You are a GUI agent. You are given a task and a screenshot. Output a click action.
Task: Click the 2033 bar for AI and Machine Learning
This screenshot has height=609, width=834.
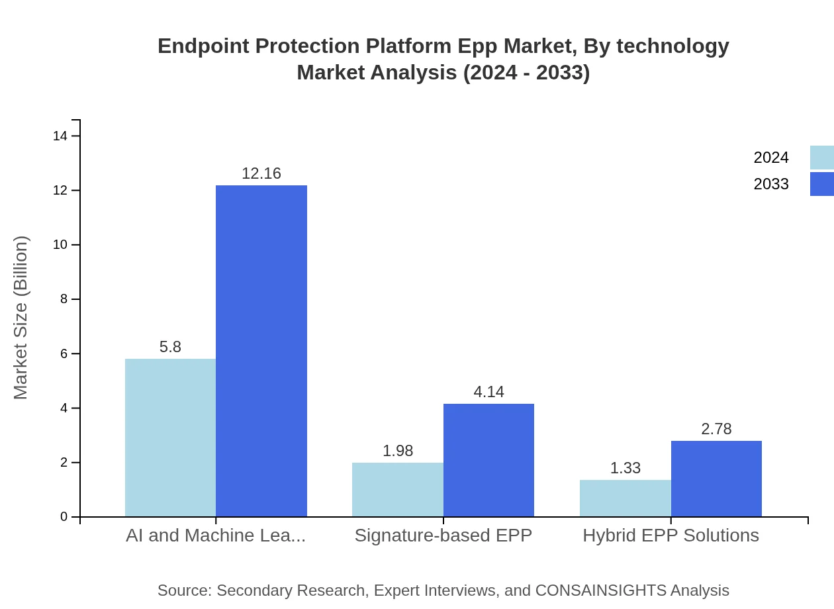coord(261,351)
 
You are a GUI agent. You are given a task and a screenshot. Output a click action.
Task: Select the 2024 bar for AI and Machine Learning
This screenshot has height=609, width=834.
coord(170,438)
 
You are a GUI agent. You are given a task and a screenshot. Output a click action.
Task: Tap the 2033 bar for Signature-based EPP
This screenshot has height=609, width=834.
coord(488,460)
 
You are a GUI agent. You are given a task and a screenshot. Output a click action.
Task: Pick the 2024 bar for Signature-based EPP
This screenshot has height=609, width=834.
coord(397,490)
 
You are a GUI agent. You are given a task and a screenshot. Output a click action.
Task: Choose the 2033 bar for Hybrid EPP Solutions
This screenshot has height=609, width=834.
coord(716,479)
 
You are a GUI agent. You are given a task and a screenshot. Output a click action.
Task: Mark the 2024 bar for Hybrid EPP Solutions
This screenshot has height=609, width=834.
coord(625,498)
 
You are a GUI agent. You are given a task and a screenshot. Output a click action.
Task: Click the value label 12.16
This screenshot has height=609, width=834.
coord(261,173)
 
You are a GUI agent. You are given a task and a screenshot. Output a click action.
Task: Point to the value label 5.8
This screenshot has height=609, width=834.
coord(170,347)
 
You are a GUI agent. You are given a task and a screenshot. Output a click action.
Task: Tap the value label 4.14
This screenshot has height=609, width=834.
coord(488,392)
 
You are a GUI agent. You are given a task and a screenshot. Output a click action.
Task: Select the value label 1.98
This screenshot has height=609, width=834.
coord(397,451)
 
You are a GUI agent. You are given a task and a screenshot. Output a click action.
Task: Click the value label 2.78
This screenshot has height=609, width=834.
coord(716,429)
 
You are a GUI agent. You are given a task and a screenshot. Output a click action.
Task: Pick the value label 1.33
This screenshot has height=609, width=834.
coord(625,468)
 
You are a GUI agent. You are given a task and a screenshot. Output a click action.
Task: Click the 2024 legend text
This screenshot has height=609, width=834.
coord(771,158)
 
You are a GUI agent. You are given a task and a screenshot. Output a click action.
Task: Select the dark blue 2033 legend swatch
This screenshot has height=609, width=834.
coord(822,184)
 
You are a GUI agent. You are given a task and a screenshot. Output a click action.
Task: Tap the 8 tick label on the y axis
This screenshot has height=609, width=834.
coord(64,299)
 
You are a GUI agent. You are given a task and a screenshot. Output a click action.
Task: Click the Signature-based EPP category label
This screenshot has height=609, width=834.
coord(443,536)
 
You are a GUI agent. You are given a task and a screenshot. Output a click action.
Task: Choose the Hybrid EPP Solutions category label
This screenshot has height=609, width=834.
coord(671,536)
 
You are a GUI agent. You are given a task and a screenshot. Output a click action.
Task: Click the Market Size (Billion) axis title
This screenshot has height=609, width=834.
coord(21,318)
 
